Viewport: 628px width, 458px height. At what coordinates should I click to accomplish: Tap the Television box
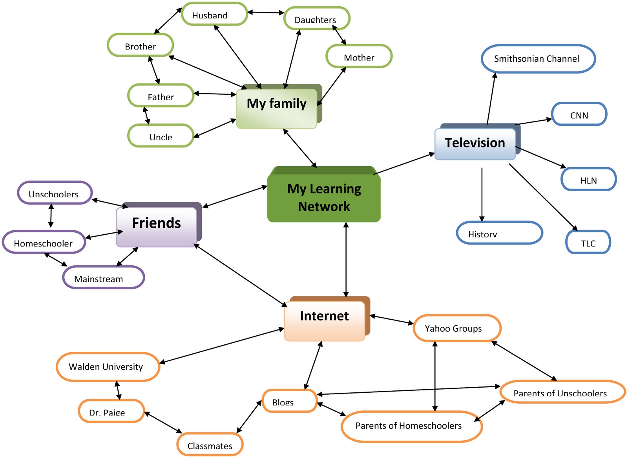475,143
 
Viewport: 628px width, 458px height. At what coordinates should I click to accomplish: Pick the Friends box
157,226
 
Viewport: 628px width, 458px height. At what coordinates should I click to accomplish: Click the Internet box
325,320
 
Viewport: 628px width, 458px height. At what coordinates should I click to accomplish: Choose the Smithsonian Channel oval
538,59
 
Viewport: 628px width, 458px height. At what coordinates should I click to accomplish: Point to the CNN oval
579,114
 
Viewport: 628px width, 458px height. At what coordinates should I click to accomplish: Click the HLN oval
588,179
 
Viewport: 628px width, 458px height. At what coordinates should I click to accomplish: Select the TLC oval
588,242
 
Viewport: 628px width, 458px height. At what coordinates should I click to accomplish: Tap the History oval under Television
499,233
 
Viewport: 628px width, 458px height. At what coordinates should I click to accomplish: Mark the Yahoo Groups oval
457,328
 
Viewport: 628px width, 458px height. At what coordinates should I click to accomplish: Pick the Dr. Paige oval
111,411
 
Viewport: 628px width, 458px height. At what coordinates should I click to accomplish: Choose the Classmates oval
210,444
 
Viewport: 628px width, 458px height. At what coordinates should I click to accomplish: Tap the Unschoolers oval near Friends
55,193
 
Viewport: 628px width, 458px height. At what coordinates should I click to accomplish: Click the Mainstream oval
103,278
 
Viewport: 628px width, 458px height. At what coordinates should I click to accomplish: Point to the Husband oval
214,14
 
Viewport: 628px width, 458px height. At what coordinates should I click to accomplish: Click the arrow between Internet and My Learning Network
346,259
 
